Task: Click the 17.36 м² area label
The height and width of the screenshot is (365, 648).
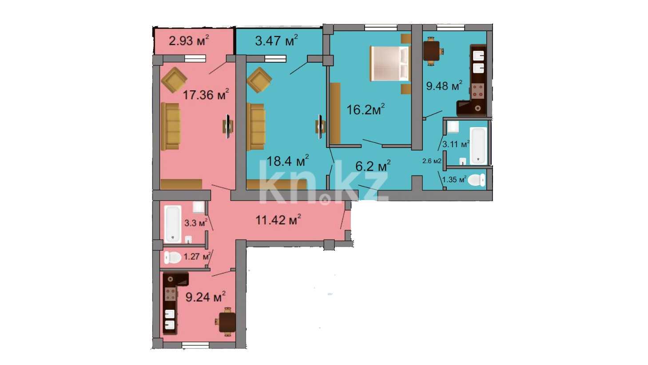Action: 206,94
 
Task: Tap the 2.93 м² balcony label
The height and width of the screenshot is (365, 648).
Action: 189,40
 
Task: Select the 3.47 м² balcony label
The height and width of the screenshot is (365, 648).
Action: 276,40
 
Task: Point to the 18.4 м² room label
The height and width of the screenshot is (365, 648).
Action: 287,161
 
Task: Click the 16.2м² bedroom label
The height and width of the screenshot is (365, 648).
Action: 366,109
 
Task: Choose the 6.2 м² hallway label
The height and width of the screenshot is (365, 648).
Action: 373,166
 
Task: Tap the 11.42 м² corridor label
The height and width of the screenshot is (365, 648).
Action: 278,220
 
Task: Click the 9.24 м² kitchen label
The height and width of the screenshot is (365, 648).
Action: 205,297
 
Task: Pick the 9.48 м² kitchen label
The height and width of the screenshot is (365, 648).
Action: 444,86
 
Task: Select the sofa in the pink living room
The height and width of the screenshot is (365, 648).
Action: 171,127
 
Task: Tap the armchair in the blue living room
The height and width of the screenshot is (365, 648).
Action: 259,80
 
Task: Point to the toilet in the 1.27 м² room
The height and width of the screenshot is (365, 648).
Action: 173,257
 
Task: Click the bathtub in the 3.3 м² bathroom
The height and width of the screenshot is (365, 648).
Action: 173,224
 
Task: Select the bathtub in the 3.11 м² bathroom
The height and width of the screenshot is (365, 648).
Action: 478,146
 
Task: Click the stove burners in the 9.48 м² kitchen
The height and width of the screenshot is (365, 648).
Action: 478,91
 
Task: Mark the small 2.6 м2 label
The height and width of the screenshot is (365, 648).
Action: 432,161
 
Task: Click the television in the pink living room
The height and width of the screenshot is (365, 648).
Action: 228,126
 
